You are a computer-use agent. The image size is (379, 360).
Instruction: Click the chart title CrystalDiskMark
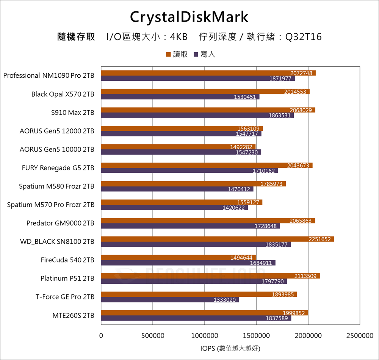[x=189, y=17]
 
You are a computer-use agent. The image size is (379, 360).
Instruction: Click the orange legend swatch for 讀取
[x=168, y=55]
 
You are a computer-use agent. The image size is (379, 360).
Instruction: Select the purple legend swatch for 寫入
[x=196, y=55]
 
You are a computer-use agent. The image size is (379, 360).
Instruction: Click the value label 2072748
[x=302, y=73]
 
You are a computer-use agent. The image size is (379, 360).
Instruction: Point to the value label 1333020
[x=225, y=300]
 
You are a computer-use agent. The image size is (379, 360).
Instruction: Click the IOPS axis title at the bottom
[x=230, y=348]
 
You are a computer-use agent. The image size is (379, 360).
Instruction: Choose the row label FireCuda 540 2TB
[x=67, y=260]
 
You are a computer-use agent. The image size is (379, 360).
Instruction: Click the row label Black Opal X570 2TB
[x=63, y=94]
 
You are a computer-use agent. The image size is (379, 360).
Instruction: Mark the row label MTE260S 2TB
[x=73, y=315]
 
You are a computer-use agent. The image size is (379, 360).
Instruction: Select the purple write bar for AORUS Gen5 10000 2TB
[x=181, y=152]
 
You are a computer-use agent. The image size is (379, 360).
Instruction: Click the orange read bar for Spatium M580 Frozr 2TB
[x=193, y=184]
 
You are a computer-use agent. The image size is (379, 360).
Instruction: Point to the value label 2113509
[x=305, y=276]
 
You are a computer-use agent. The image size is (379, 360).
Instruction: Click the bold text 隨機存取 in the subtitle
[x=76, y=37]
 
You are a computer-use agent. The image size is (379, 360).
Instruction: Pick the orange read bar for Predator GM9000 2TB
[x=208, y=221]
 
